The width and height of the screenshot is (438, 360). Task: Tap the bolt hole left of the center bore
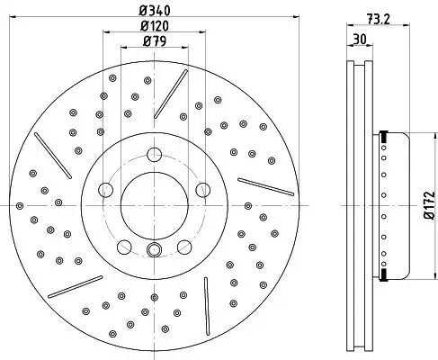click(106, 190)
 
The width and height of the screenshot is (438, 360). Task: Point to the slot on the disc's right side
click(265, 184)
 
